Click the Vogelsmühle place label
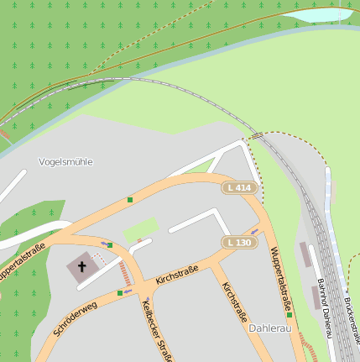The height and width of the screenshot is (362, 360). click(65, 161)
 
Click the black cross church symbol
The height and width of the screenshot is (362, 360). click(82, 268)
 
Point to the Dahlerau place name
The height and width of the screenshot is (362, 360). click(269, 328)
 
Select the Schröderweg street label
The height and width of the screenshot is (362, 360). click(76, 318)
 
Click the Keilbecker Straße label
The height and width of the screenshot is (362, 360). click(156, 333)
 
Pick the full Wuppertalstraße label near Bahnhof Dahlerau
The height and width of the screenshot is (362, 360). click(281, 280)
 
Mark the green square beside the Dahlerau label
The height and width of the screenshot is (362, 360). click(290, 338)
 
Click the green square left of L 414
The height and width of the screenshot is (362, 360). click(130, 200)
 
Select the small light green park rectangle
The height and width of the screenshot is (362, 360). click(141, 228)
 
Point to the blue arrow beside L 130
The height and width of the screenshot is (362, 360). click(254, 232)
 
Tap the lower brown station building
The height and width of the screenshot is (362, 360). click(316, 296)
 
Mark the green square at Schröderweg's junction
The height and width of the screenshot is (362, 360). click(120, 293)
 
